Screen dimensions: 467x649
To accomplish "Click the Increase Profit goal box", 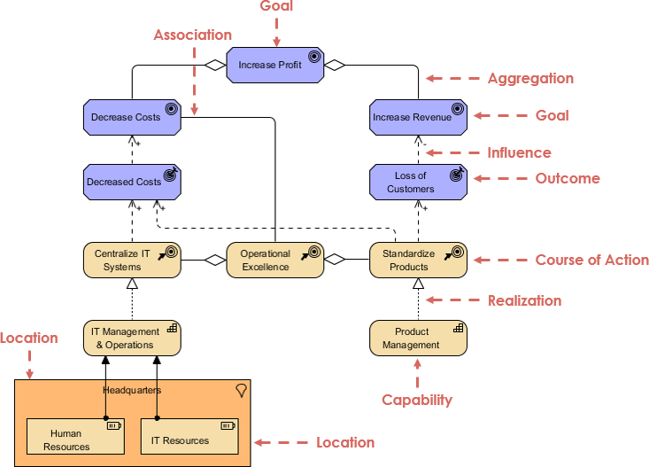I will [x=275, y=65].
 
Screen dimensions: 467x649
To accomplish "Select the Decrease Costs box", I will [x=132, y=117].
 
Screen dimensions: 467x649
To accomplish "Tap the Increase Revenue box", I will [x=417, y=117].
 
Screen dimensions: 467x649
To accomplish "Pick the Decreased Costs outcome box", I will [x=132, y=182].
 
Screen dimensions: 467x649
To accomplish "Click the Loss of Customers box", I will [x=417, y=182].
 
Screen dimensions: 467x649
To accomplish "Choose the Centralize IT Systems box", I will [x=132, y=260].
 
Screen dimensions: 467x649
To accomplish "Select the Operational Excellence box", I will [x=275, y=260].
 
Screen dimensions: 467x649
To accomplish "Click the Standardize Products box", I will [x=417, y=260].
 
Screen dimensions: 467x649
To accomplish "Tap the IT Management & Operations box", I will [x=132, y=338].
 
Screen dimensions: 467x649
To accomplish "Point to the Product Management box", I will [x=417, y=338].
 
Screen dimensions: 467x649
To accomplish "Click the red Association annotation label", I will [x=192, y=35].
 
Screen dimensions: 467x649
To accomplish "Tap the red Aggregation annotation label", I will [x=530, y=78].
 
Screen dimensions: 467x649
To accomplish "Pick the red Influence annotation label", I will [x=519, y=152].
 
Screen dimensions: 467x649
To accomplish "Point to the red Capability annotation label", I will [x=417, y=400].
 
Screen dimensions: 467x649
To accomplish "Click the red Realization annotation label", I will [x=524, y=300].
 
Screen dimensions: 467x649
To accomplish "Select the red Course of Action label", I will [x=591, y=261].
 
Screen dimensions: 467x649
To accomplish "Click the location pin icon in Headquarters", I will [x=240, y=391].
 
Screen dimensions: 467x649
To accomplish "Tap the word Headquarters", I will [x=132, y=390].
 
